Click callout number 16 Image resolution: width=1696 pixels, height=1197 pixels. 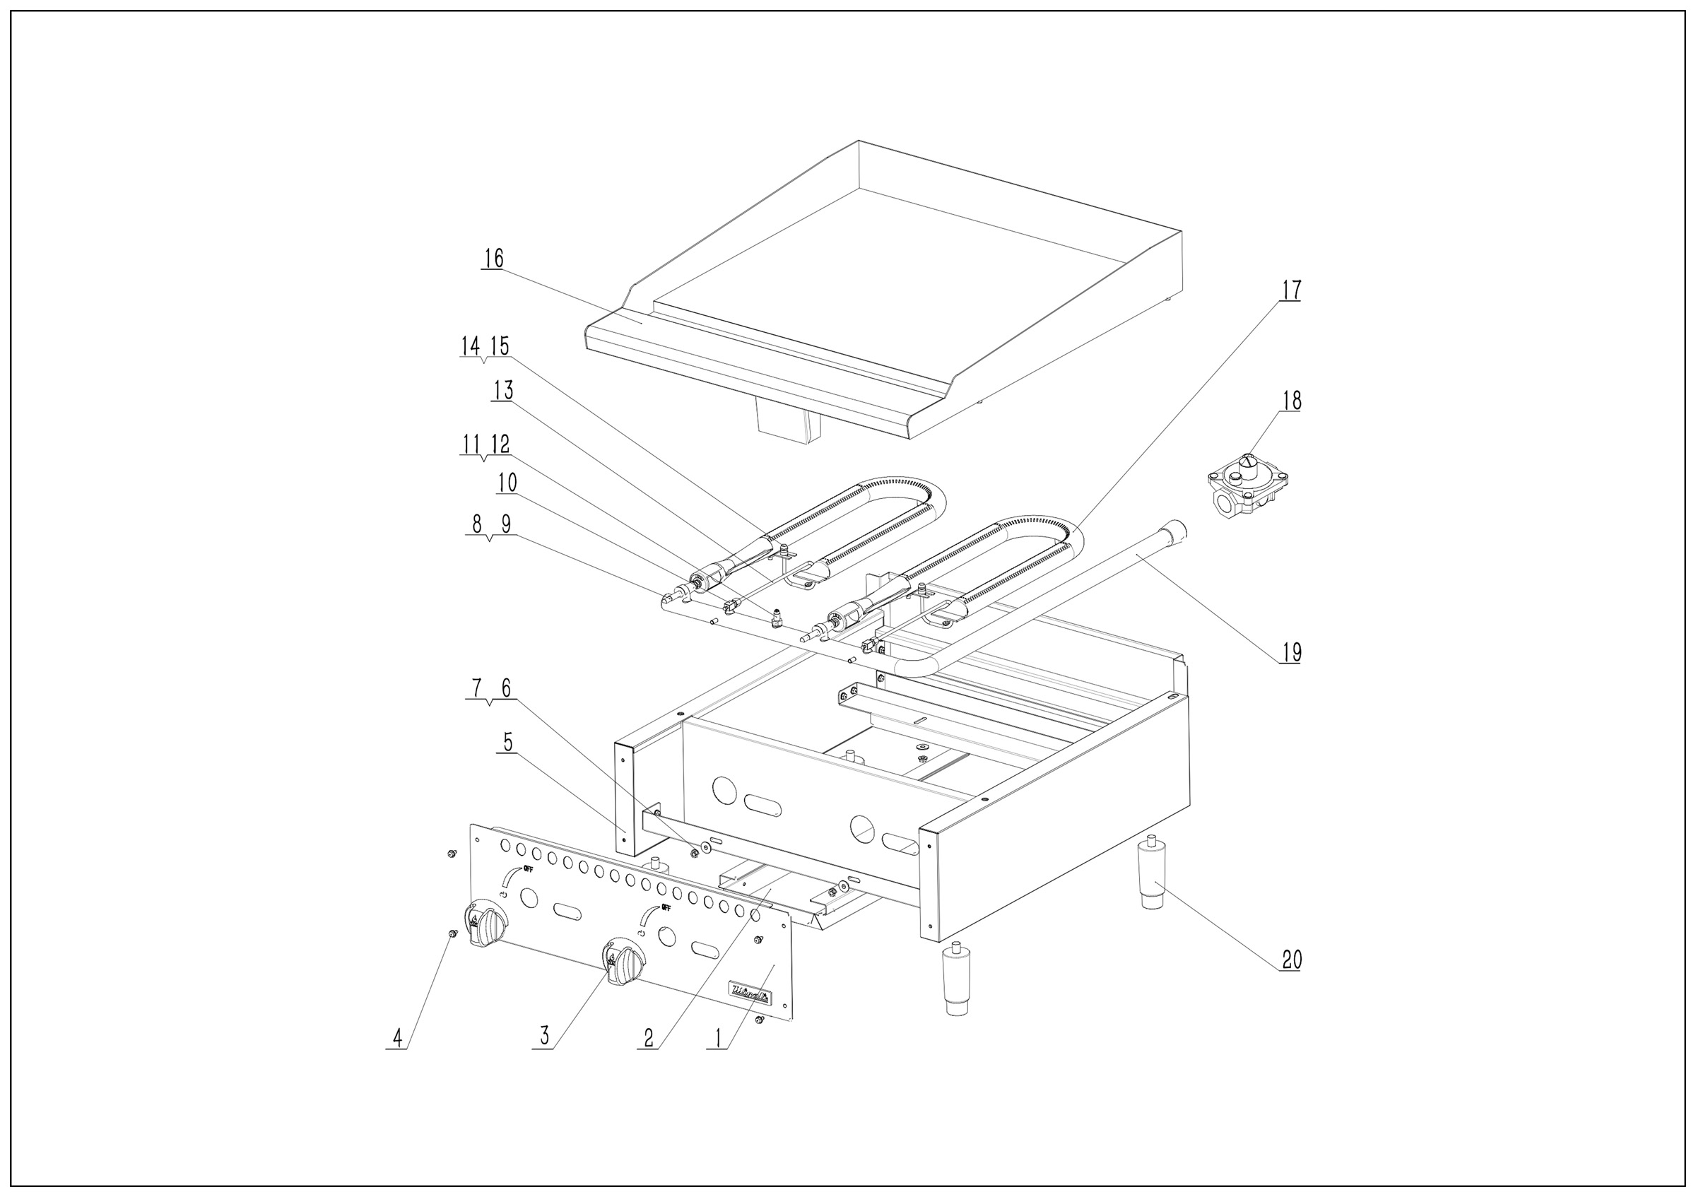[493, 259]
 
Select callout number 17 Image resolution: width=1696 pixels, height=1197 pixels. [1290, 290]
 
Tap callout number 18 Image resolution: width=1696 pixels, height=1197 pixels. [1291, 400]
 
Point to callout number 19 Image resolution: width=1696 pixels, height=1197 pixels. [1291, 652]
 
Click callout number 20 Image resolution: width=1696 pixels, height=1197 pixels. [1291, 960]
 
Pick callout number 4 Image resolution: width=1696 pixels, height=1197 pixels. [397, 1039]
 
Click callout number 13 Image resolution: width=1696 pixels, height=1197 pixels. [503, 391]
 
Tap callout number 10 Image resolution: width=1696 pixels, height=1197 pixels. [507, 483]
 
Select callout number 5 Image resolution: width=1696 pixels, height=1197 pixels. [507, 743]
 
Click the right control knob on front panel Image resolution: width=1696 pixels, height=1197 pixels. [625, 962]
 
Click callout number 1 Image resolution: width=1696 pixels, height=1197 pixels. [717, 1038]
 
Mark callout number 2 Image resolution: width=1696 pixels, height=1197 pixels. [649, 1038]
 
